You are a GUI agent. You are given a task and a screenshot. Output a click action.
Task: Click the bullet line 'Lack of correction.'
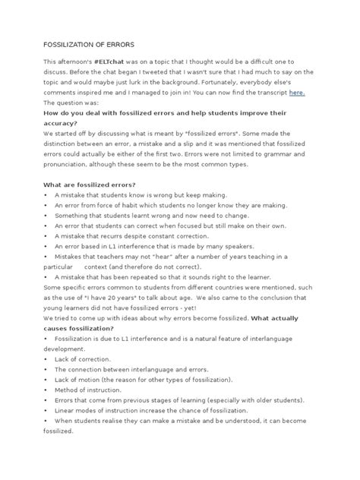(82, 358)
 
